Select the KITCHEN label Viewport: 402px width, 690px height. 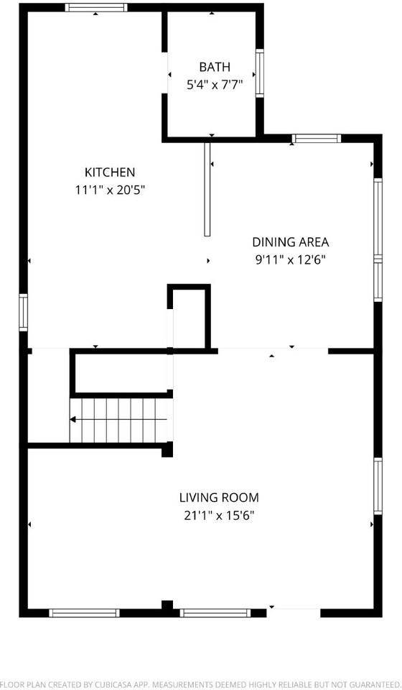pyautogui.click(x=110, y=172)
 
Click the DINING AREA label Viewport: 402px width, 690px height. pyautogui.click(x=290, y=242)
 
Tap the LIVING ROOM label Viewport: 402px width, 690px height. pyautogui.click(x=219, y=497)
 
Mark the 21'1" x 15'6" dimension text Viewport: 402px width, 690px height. pyautogui.click(x=219, y=515)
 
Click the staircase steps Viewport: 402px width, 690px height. pyautogui.click(x=118, y=420)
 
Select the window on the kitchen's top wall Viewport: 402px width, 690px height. pyautogui.click(x=96, y=8)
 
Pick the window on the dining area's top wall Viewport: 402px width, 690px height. pyautogui.click(x=316, y=138)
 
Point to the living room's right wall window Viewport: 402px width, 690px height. pyautogui.click(x=378, y=487)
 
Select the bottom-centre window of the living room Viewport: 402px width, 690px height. pyautogui.click(x=215, y=613)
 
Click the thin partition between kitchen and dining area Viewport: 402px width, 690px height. pyautogui.click(x=207, y=189)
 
